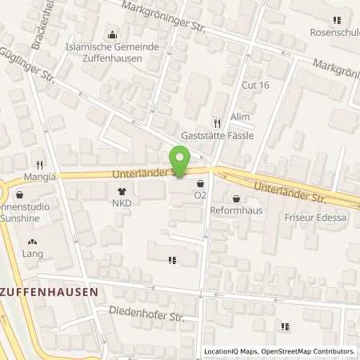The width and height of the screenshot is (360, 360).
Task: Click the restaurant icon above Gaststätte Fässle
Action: tap(216, 123)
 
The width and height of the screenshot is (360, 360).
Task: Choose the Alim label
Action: tap(241, 117)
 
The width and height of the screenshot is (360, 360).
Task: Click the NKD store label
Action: tap(122, 203)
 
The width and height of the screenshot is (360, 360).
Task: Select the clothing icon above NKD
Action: tap(122, 191)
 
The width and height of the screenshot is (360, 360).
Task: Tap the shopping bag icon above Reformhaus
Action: tap(236, 198)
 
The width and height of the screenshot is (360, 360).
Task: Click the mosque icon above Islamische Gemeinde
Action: tap(111, 34)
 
